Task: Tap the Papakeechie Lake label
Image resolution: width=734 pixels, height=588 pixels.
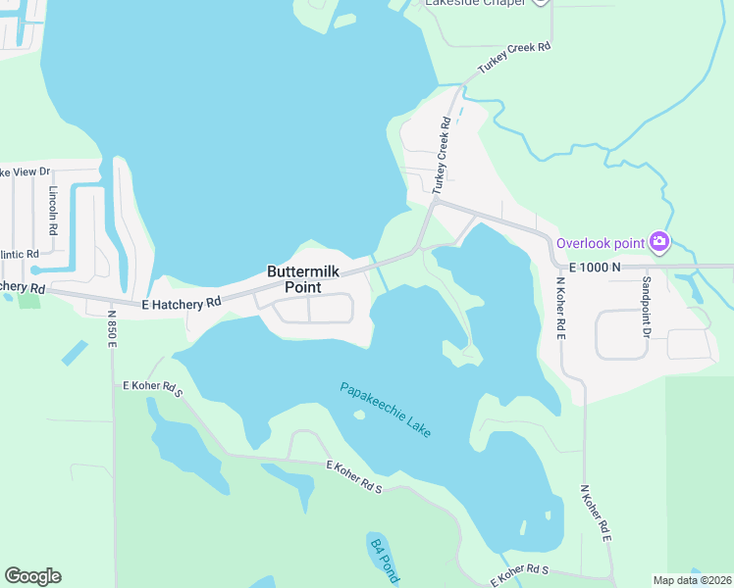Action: (386, 409)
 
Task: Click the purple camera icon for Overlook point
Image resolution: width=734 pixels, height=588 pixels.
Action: (659, 241)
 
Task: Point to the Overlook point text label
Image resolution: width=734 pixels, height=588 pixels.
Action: (601, 243)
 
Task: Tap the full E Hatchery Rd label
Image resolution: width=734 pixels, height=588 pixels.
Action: (182, 305)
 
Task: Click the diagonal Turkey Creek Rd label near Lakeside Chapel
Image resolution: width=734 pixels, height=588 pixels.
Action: (514, 59)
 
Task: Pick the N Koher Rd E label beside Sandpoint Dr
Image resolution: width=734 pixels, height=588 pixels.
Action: (561, 308)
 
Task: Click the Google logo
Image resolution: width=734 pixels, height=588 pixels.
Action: (32, 576)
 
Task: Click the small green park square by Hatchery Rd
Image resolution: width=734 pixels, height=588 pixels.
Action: (29, 299)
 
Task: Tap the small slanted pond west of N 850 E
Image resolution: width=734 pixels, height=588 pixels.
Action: (74, 353)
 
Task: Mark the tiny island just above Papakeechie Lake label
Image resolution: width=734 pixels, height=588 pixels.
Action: (359, 415)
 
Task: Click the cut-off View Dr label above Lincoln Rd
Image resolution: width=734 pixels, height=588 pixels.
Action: (25, 171)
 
